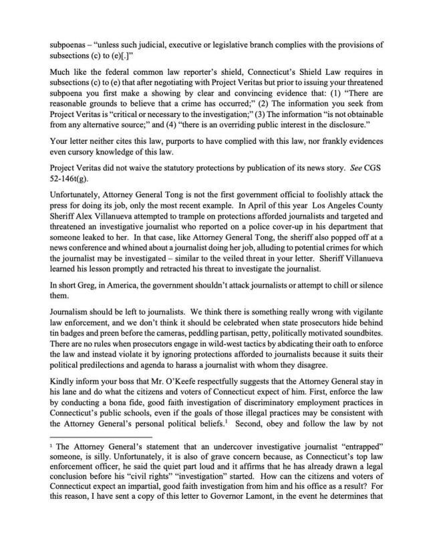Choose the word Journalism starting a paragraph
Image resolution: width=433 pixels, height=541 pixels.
tap(72, 337)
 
